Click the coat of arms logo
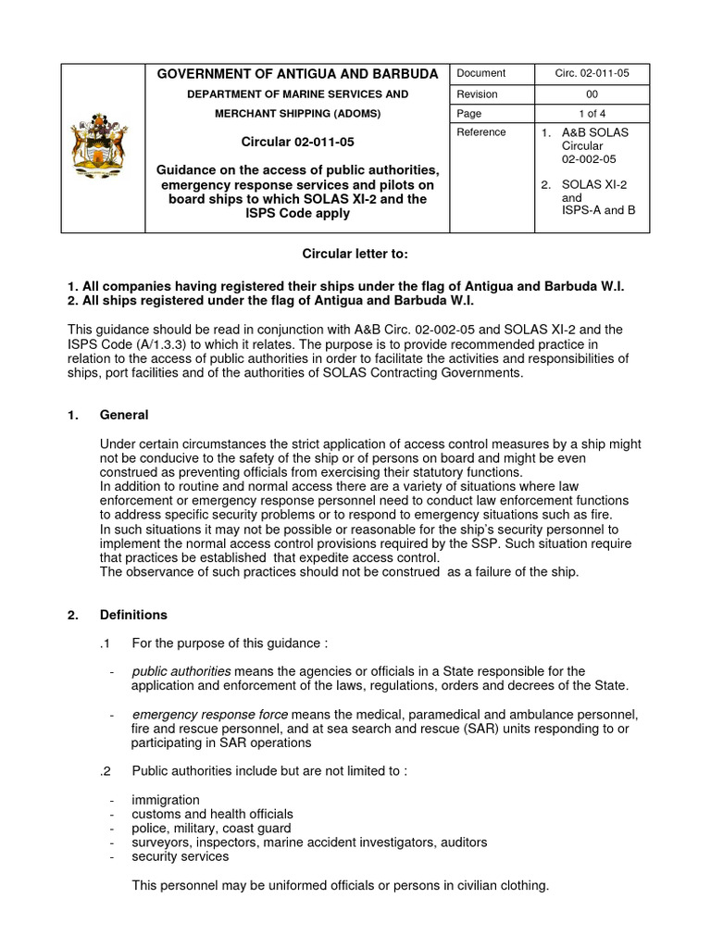click(104, 147)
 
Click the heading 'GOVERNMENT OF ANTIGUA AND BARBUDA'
click(296, 74)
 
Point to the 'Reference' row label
click(481, 132)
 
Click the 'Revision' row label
click(477, 94)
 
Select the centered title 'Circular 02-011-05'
click(296, 143)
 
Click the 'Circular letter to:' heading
click(355, 254)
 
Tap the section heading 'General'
click(124, 415)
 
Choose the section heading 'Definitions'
click(134, 615)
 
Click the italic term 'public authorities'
click(181, 670)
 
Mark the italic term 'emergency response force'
click(210, 715)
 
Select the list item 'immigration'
click(166, 800)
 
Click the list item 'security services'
click(180, 856)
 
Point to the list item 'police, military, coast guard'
click(211, 828)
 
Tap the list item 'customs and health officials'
click(212, 814)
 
